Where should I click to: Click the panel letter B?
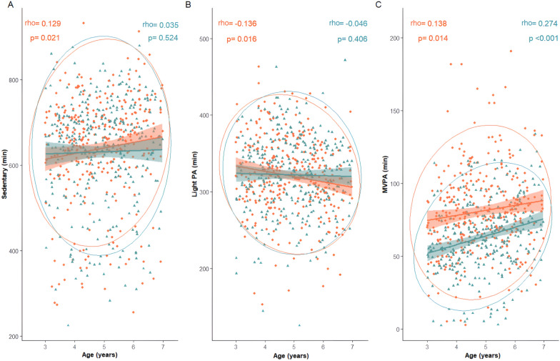pos(188,6)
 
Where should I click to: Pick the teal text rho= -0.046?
pos(348,24)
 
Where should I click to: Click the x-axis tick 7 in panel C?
pos(544,346)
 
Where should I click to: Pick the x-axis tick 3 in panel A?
pos(46,346)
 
